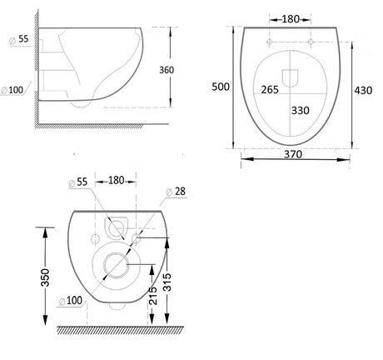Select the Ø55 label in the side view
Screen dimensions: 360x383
click(x=22, y=40)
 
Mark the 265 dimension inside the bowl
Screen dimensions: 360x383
click(x=269, y=89)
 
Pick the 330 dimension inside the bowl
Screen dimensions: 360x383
click(x=301, y=109)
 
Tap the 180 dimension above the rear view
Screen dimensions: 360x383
click(x=115, y=180)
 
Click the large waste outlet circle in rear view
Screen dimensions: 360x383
click(x=116, y=265)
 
